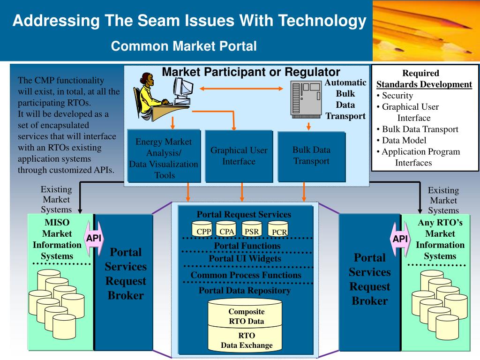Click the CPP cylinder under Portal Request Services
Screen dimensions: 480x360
click(x=202, y=229)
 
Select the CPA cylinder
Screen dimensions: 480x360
click(x=226, y=229)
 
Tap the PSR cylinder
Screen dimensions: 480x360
click(x=252, y=229)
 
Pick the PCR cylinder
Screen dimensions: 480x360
click(x=278, y=229)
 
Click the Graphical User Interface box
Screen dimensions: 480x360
click(x=239, y=156)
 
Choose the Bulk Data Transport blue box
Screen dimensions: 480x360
click(x=312, y=156)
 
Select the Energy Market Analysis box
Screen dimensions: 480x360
click(x=164, y=156)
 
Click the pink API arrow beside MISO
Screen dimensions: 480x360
click(x=94, y=238)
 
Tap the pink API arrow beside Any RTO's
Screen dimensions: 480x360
click(x=400, y=239)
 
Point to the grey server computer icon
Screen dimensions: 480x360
click(x=306, y=99)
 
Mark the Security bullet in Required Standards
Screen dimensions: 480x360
click(x=395, y=96)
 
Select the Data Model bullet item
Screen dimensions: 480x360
click(x=401, y=140)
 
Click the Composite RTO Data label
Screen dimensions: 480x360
click(x=247, y=316)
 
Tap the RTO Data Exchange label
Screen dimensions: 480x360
click(x=247, y=340)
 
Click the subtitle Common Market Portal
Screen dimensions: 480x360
click(x=184, y=46)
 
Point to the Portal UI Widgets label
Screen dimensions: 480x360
click(x=245, y=258)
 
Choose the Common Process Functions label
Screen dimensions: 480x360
click(x=246, y=275)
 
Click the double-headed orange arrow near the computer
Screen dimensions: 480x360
click(x=241, y=89)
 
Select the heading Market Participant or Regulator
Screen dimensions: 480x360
click(x=251, y=72)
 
